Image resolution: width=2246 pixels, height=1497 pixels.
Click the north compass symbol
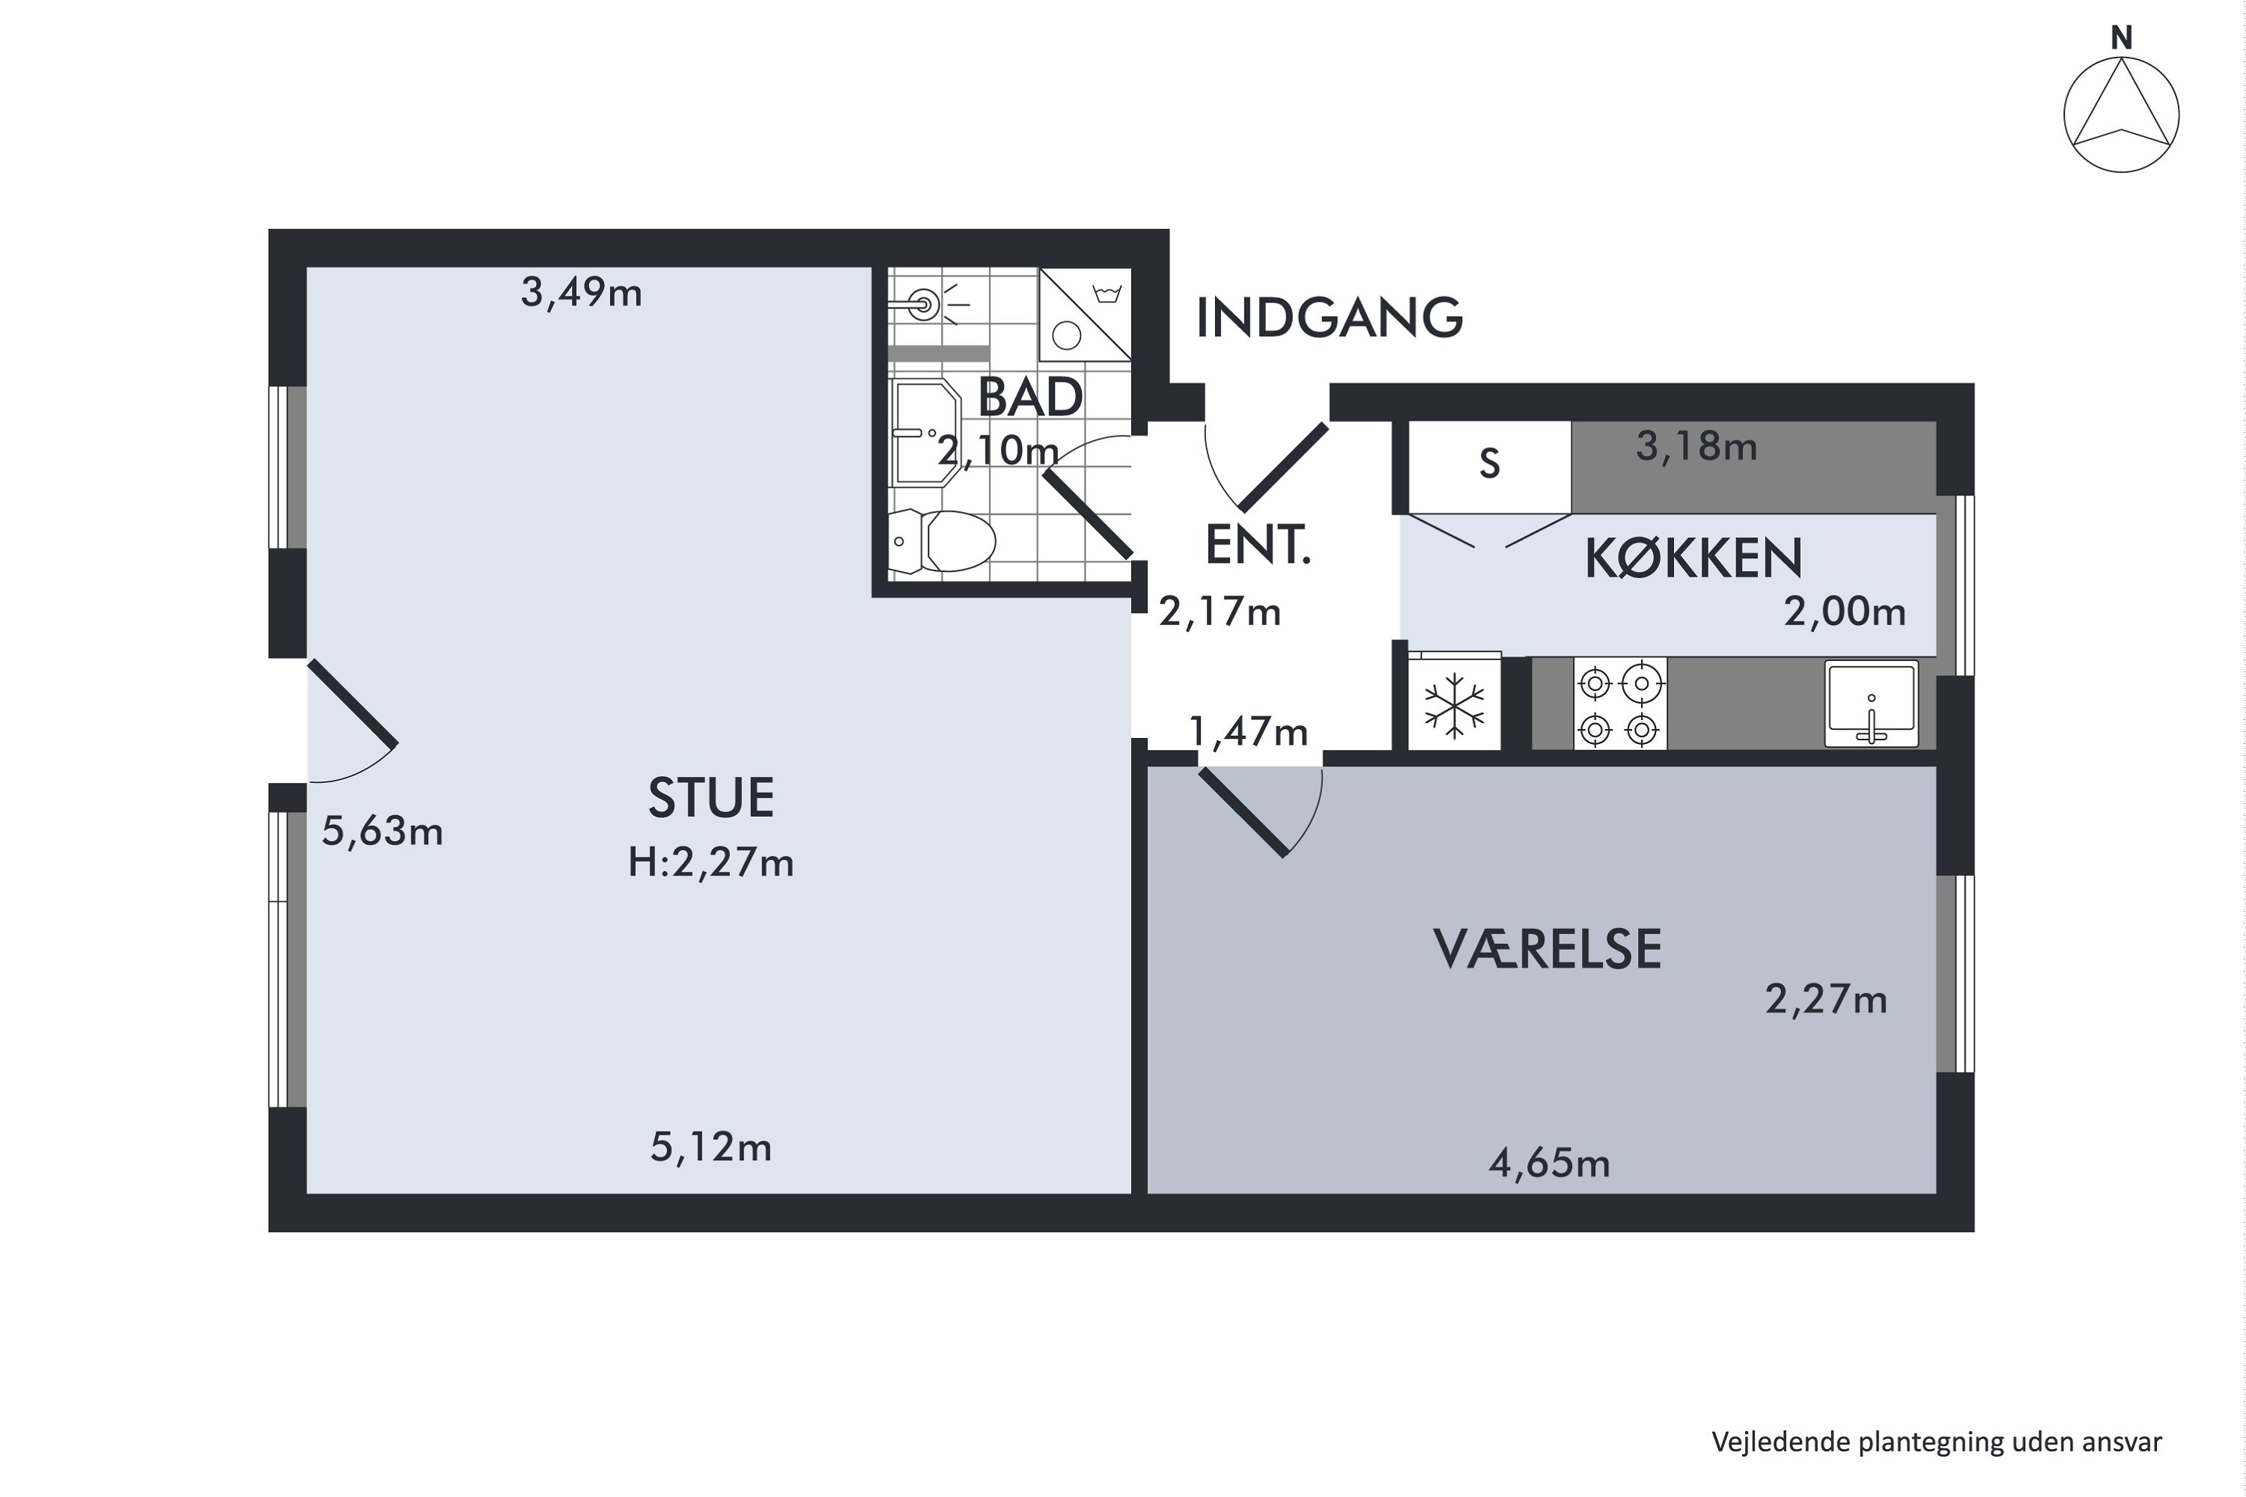coord(2121,115)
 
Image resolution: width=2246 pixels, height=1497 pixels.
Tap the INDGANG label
coord(1328,318)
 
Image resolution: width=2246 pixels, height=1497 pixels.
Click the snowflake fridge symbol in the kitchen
coord(1453,706)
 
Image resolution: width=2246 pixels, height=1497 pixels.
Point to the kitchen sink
coord(1871,704)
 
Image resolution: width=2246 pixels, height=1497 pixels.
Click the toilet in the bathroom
coord(946,541)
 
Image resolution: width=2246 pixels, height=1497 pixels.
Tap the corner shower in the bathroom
coord(1086,315)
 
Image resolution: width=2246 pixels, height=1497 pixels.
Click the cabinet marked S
coord(1489,465)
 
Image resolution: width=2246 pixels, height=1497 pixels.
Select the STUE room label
coord(710,798)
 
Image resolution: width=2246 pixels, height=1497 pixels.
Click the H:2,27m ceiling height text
coord(710,863)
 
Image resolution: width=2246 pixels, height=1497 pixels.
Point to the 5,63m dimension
coord(382,832)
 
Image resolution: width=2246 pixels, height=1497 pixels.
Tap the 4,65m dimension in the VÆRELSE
coord(1549,1164)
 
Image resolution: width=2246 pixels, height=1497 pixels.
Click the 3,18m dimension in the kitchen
coord(1696,447)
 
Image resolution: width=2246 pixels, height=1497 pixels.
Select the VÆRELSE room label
coord(1547,950)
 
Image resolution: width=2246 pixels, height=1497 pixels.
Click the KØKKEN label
coord(1693,559)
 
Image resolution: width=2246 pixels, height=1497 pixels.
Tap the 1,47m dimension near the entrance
coord(1248,732)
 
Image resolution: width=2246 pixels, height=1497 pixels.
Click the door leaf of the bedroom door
coord(1242,812)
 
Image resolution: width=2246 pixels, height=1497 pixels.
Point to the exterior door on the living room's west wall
coord(351,704)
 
